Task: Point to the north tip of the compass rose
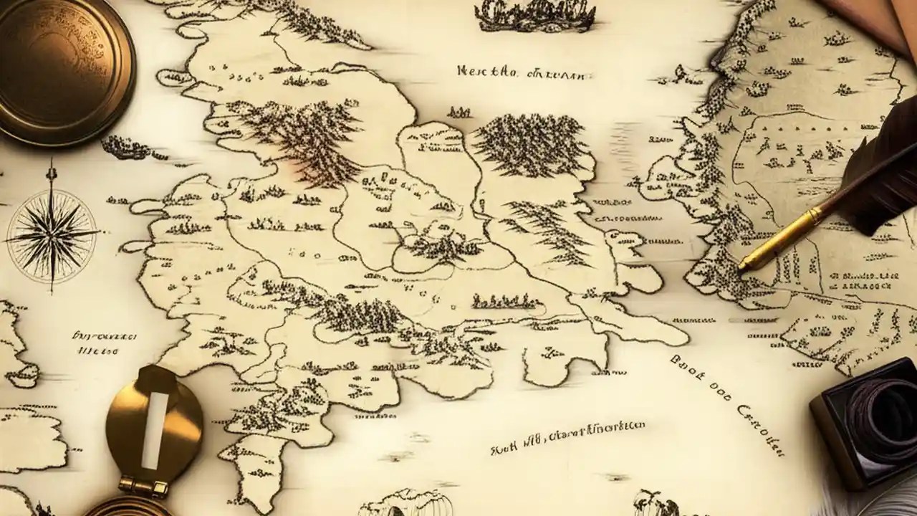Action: [51, 164]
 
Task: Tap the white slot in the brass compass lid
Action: [154, 429]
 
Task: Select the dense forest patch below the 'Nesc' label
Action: [530, 143]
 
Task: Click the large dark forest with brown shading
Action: [301, 136]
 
